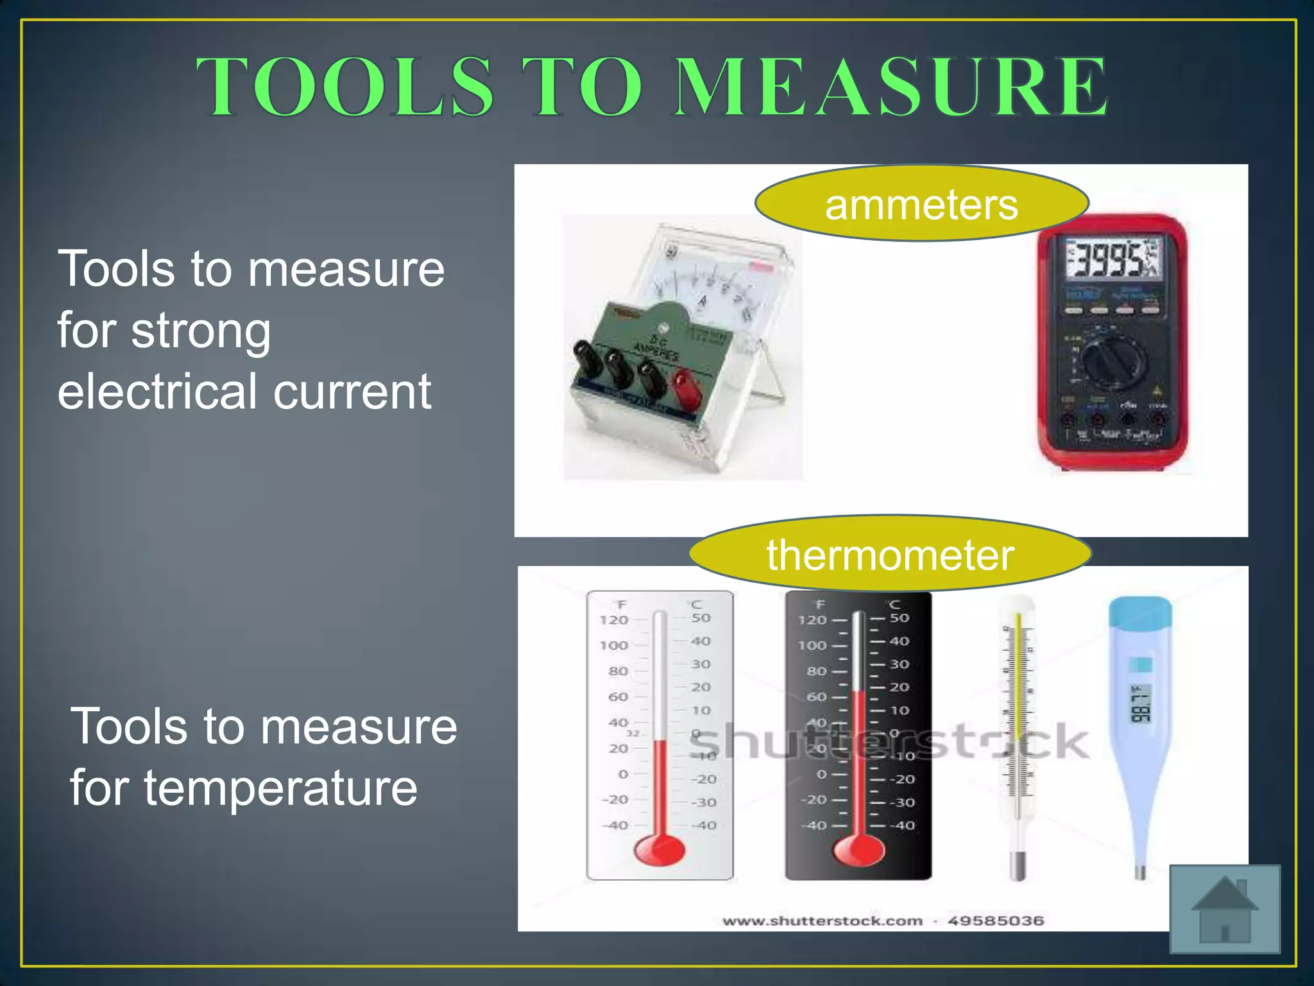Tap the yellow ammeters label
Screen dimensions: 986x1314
click(x=921, y=205)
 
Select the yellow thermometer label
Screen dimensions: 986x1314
click(x=890, y=555)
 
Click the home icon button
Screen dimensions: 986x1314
click(x=1224, y=908)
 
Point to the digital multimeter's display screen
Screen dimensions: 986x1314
click(x=1114, y=259)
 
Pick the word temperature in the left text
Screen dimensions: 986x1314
click(x=280, y=788)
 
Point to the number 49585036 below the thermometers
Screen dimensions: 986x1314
click(x=996, y=921)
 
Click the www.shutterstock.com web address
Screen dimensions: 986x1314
click(x=823, y=921)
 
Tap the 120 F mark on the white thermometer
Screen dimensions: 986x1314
click(x=613, y=620)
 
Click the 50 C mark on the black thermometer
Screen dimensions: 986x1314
click(x=900, y=618)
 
